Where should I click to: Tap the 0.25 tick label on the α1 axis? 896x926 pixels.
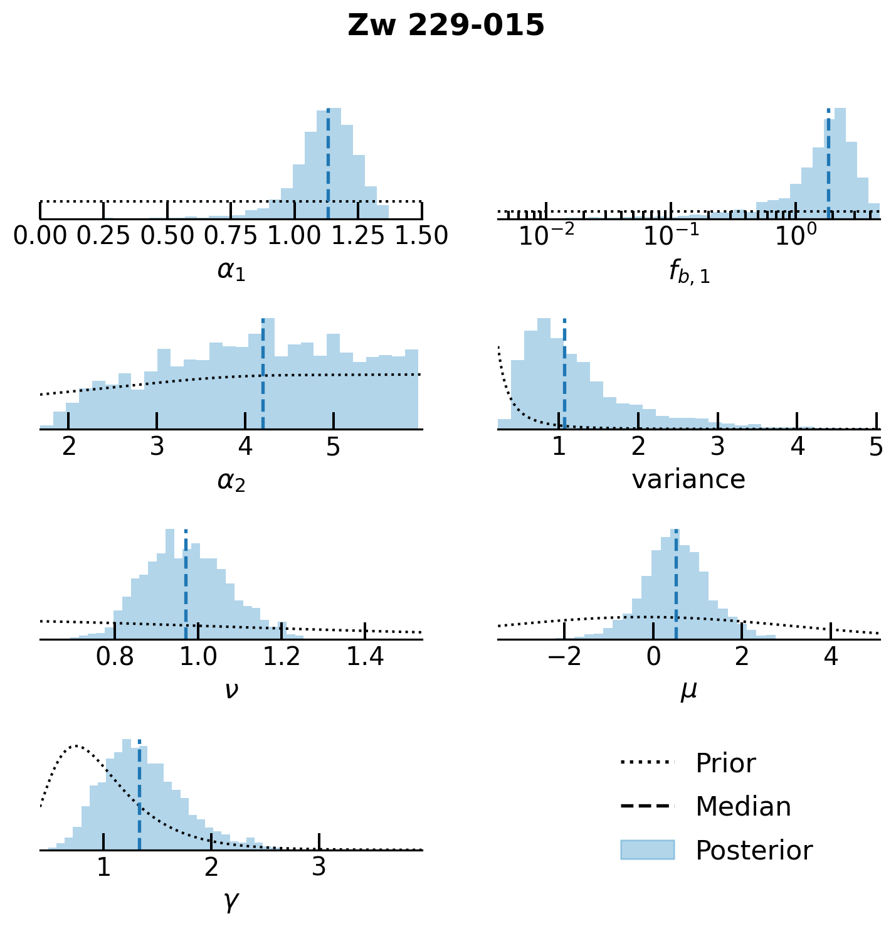tap(103, 236)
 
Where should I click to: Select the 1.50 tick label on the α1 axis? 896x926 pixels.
tap(421, 236)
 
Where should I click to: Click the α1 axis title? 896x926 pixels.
tap(231, 270)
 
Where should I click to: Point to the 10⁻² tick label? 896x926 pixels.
tap(546, 236)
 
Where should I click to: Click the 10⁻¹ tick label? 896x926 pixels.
tap(671, 236)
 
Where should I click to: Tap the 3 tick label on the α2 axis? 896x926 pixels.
tap(157, 446)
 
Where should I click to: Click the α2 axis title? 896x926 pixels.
tap(231, 481)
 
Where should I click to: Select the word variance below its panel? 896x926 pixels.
tap(688, 480)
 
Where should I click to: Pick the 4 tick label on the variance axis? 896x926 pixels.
tap(797, 446)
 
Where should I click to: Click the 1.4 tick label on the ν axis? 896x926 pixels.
tap(366, 657)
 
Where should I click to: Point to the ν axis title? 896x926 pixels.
tap(231, 690)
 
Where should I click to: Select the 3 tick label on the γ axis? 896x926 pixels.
tap(319, 867)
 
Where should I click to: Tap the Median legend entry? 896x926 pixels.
tap(743, 807)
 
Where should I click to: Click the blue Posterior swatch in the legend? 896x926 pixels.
tap(647, 850)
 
